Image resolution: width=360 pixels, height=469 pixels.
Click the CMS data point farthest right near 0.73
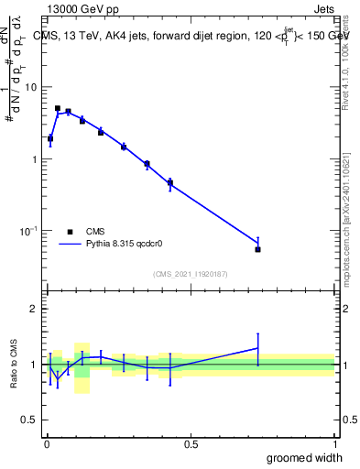point(257,249)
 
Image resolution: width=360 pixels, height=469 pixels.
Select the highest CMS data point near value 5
point(58,108)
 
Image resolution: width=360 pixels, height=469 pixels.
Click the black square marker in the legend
point(70,232)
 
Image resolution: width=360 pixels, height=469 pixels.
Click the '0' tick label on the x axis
point(47,444)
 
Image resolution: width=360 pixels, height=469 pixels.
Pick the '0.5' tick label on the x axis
point(191,444)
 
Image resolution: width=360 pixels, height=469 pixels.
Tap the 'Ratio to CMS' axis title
point(14,364)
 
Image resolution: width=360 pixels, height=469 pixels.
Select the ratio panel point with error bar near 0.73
point(257,348)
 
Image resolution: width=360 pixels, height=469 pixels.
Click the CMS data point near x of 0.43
point(170,183)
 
